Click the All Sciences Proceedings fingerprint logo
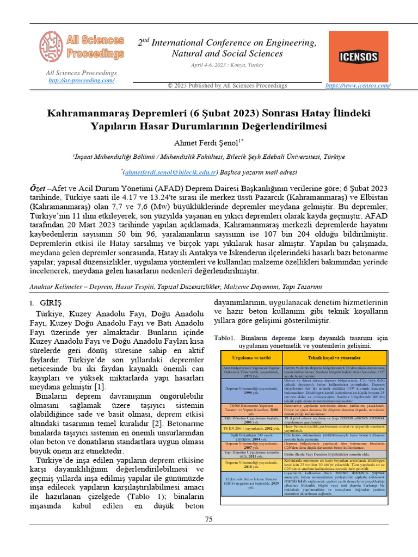click(52, 46)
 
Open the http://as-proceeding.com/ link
click(81, 81)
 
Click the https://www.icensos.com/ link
click(358, 85)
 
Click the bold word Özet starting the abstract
click(39, 188)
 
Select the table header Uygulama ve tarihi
click(248, 358)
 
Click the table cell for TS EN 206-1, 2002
click(248, 428)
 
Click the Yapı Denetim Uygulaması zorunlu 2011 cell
click(248, 454)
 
